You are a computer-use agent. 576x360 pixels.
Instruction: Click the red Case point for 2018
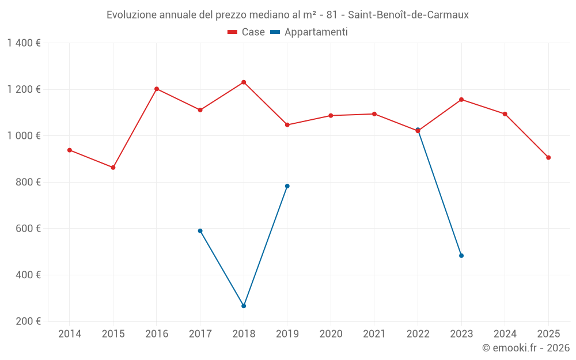pos(244,82)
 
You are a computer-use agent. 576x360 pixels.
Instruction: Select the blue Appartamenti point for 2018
pos(244,306)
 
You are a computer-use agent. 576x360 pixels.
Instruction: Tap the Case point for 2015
pos(113,168)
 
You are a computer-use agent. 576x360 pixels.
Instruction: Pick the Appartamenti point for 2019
pos(287,186)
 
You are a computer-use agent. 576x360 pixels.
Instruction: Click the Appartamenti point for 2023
pos(461,256)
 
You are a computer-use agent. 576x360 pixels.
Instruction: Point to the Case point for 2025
pos(548,157)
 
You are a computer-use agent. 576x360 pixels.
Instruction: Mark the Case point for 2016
pos(157,89)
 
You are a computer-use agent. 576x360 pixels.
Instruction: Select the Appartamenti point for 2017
pos(200,231)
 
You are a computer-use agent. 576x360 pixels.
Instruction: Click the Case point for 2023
pos(461,100)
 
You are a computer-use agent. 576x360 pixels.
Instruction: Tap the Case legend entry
pos(247,32)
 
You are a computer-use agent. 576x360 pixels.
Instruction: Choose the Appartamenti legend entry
pos(309,32)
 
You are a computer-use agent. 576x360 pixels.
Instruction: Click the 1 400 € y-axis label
pos(24,43)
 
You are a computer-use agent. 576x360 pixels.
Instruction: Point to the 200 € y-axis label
pos(28,321)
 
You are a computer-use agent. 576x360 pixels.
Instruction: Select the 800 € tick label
pos(28,182)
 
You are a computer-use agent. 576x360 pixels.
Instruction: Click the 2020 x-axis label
pos(331,334)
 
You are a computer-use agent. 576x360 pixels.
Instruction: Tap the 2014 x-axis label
pos(70,334)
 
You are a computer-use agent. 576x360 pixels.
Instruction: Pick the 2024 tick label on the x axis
pos(505,334)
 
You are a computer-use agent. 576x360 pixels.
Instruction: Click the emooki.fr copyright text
pos(526,348)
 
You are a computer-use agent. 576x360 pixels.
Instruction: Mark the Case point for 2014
pos(70,150)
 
